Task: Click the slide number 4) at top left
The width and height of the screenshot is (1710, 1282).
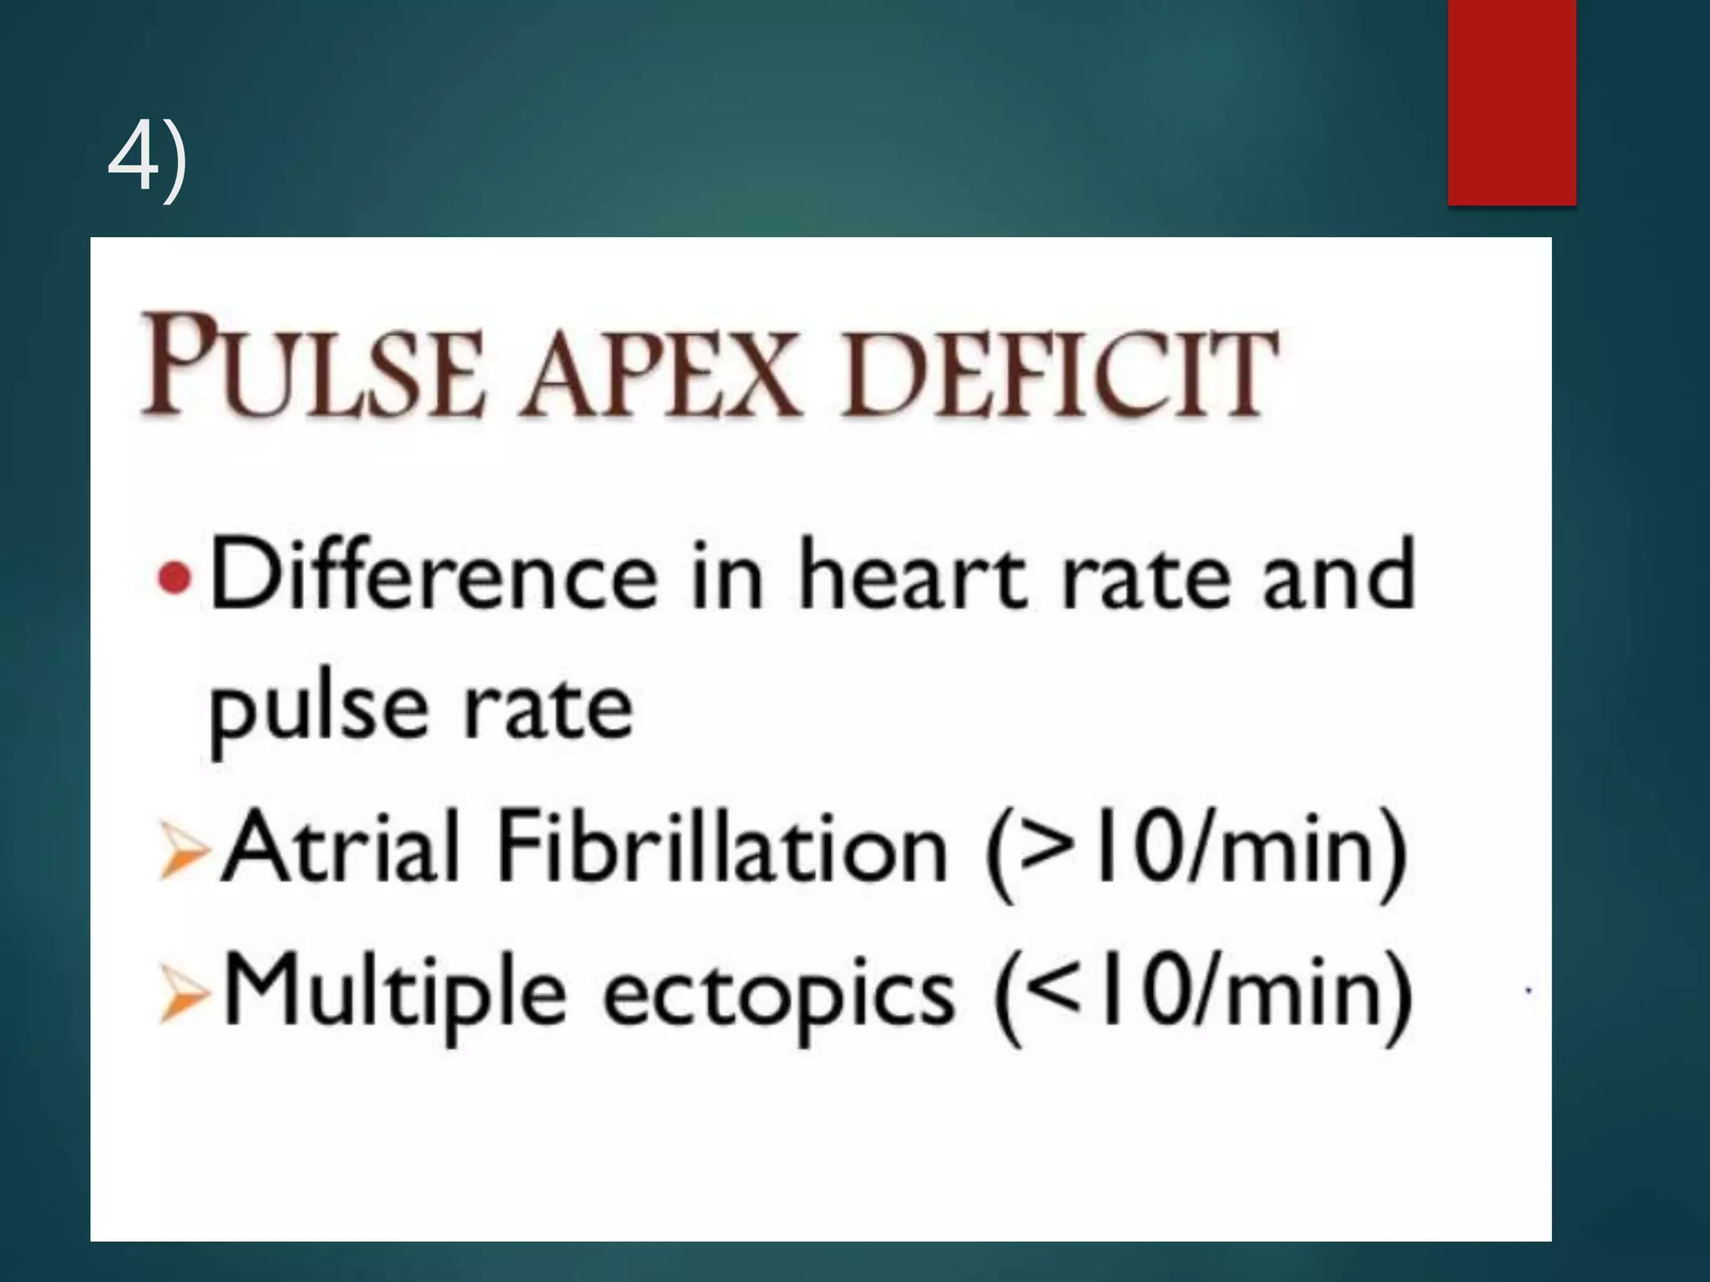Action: tap(148, 159)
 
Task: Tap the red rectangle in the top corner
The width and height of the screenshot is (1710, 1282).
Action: tap(1511, 102)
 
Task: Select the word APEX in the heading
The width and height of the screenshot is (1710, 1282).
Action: tap(660, 371)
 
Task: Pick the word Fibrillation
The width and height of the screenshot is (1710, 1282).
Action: tap(722, 847)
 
